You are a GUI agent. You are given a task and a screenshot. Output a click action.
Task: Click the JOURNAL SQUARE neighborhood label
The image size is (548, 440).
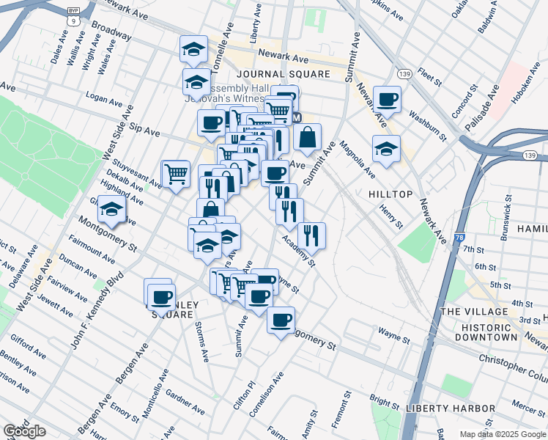tap(284, 75)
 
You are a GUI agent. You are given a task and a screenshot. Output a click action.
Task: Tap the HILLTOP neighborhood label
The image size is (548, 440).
tap(387, 194)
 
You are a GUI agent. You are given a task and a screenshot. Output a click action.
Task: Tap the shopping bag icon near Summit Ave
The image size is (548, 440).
tap(308, 137)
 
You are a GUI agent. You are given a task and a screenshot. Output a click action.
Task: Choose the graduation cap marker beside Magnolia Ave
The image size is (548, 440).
tap(386, 149)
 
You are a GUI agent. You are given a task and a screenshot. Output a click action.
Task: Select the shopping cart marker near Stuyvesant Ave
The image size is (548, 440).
tap(176, 175)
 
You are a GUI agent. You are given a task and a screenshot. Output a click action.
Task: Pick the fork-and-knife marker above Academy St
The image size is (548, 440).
tap(312, 235)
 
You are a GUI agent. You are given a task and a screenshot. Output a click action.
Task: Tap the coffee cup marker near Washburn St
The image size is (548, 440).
tap(387, 99)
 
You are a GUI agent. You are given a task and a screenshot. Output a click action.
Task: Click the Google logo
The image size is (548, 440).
tap(26, 431)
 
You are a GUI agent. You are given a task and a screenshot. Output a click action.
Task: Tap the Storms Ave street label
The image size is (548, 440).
tap(199, 340)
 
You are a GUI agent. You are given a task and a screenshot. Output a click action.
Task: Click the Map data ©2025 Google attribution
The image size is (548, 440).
tap(502, 434)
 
